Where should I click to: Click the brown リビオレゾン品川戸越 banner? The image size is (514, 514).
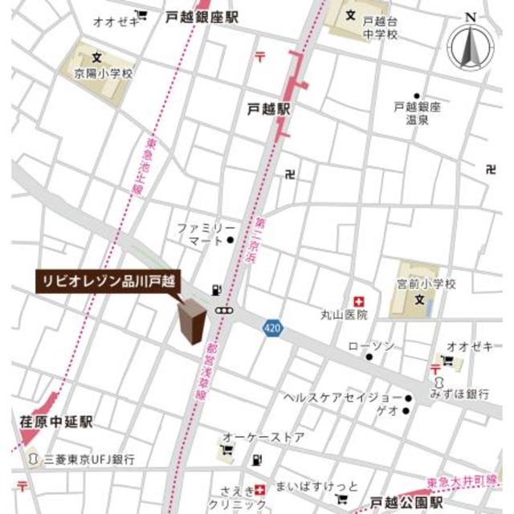(108, 281)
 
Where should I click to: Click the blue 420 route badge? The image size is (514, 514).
(271, 328)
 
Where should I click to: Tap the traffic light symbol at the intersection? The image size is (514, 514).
(224, 311)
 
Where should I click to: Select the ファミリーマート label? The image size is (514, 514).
(206, 234)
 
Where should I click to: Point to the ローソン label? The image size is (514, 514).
(371, 345)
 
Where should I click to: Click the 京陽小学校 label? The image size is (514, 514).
(98, 73)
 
